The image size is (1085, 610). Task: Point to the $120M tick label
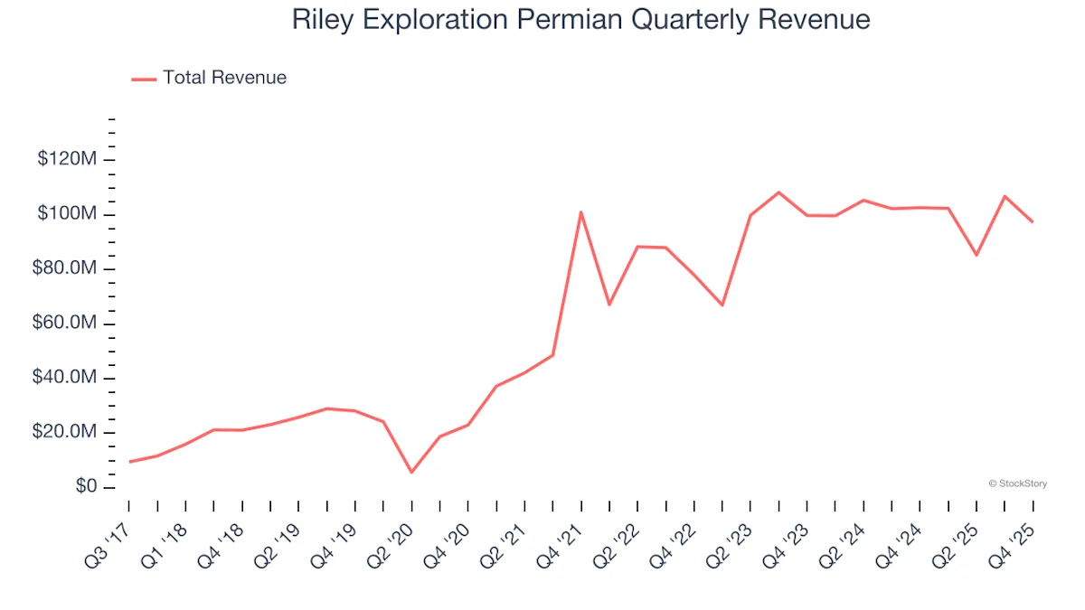(x=68, y=160)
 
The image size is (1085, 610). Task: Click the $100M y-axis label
(x=68, y=214)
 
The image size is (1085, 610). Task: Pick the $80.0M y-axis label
(x=65, y=269)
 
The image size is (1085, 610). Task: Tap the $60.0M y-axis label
(x=65, y=324)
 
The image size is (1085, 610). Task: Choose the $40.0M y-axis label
(x=65, y=378)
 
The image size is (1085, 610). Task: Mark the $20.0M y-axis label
(x=65, y=433)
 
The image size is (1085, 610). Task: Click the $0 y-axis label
(x=86, y=487)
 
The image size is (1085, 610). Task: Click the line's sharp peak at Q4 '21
(x=580, y=212)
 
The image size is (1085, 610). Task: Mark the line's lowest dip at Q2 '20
(x=411, y=472)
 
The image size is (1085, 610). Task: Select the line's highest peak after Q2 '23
(x=778, y=192)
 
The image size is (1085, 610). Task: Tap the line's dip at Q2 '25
(x=976, y=255)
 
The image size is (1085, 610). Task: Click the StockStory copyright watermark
(x=1018, y=484)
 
